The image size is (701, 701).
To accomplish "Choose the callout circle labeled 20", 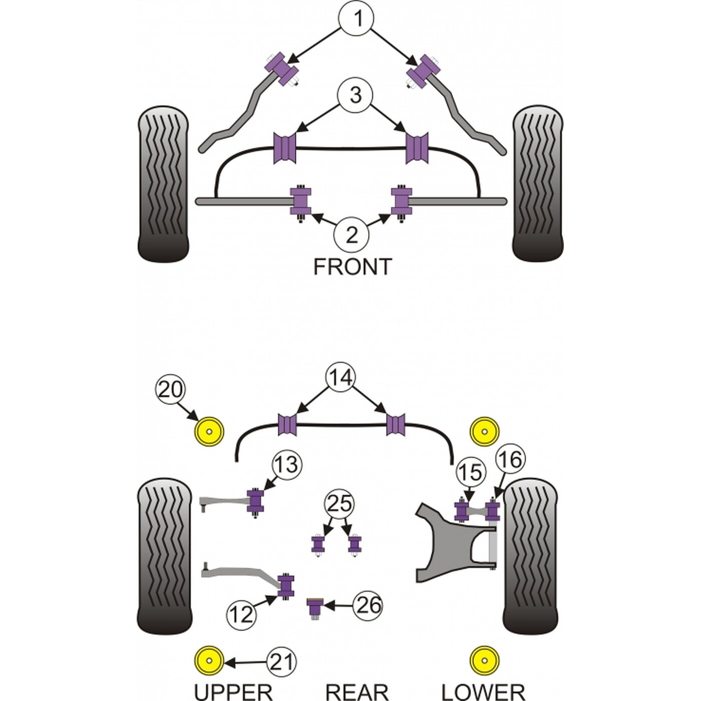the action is tap(170, 391).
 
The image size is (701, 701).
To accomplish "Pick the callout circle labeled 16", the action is tap(510, 460).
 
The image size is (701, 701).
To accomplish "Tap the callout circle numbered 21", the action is tap(281, 662).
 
